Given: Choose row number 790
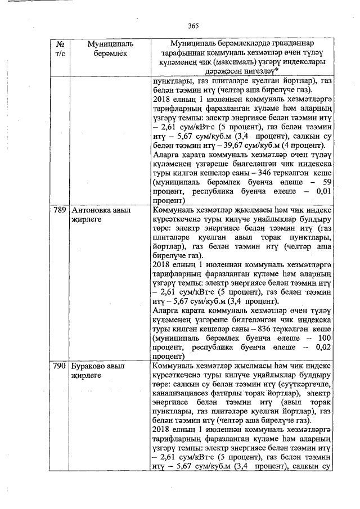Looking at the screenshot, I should tap(59, 366).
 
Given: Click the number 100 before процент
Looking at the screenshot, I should tap(322, 337).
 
